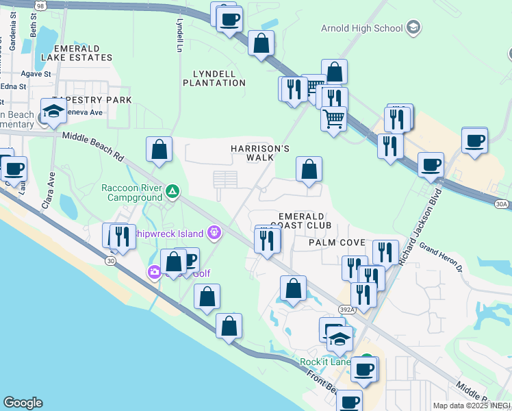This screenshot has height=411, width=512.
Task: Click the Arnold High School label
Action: pyautogui.click(x=361, y=28)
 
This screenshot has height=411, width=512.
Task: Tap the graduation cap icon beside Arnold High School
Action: pyautogui.click(x=413, y=28)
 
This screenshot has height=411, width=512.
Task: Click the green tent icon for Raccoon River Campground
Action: pyautogui.click(x=172, y=190)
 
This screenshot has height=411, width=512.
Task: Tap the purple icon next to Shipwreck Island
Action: pyautogui.click(x=215, y=234)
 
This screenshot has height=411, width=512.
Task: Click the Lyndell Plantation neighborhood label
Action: pyautogui.click(x=214, y=78)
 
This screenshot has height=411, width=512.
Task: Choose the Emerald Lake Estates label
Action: pyautogui.click(x=75, y=53)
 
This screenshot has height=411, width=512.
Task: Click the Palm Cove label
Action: pyautogui.click(x=336, y=242)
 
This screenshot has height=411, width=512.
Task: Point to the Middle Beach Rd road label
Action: pyautogui.click(x=92, y=146)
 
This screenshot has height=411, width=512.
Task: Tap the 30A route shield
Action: pyautogui.click(x=502, y=203)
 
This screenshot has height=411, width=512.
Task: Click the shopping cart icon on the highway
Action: pyautogui.click(x=333, y=118)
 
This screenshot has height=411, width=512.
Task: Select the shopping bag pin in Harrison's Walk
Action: pyautogui.click(x=309, y=169)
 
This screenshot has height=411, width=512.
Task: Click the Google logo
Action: pyautogui.click(x=23, y=403)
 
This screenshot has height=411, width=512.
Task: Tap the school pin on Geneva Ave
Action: pyautogui.click(x=53, y=110)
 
